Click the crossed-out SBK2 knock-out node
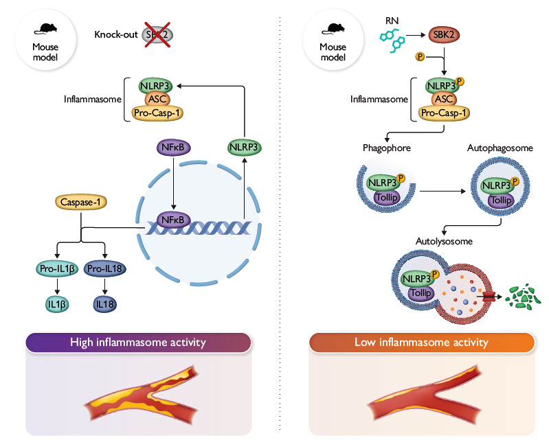(157, 34)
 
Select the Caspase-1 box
(82, 202)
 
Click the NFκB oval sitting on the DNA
(173, 220)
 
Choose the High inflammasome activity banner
(137, 342)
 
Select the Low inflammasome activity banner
(421, 342)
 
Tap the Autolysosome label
(444, 241)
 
